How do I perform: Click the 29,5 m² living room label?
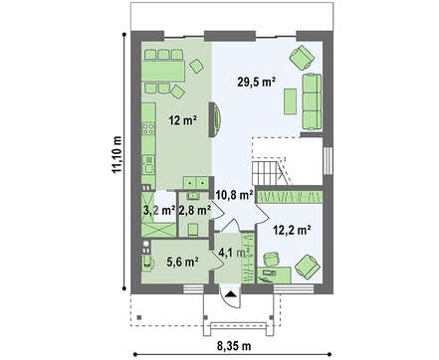[x=257, y=82]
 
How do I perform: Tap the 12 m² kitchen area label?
[x=183, y=120]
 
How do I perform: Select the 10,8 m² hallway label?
[x=235, y=195]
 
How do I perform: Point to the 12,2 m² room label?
[x=292, y=229]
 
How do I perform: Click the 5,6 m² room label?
[x=182, y=262]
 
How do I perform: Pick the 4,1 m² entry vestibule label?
[x=234, y=253]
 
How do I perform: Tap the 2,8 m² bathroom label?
[x=195, y=210]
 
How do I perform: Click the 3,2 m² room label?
[x=159, y=210]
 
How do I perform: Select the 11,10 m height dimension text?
[x=116, y=155]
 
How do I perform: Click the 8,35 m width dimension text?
[x=234, y=346]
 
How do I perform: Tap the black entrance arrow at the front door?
[x=231, y=293]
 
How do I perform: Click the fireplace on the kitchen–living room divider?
[x=215, y=119]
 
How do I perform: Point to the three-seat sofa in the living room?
[x=312, y=101]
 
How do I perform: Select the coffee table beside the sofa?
[x=290, y=101]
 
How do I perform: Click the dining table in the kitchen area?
[x=163, y=71]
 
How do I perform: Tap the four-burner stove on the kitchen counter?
[x=148, y=128]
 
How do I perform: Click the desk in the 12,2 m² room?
[x=275, y=274]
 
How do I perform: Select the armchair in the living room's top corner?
[x=302, y=58]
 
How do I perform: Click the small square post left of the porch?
[x=139, y=317]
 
